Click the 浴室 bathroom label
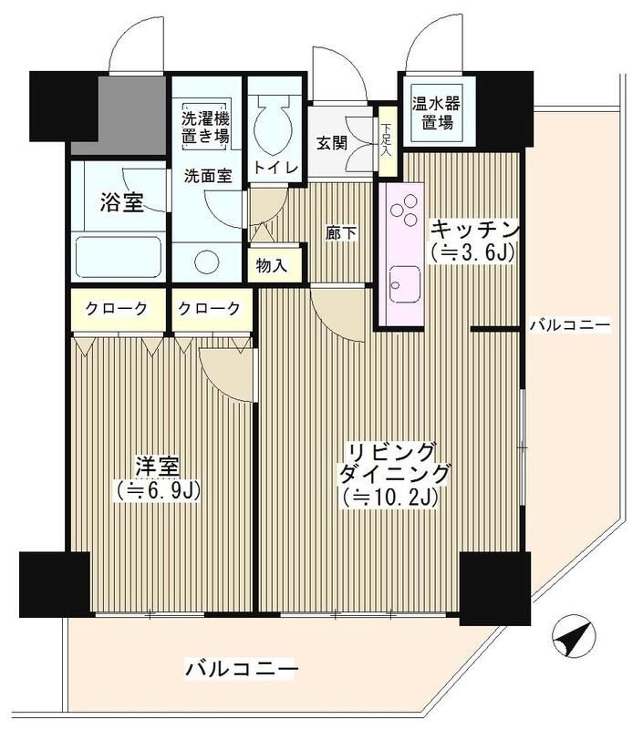120,203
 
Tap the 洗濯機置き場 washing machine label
204,128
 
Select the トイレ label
273,168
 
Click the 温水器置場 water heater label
435,113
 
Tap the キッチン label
475,228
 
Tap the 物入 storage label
272,266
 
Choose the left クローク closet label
116,309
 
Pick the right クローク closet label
209,309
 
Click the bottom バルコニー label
241,670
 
